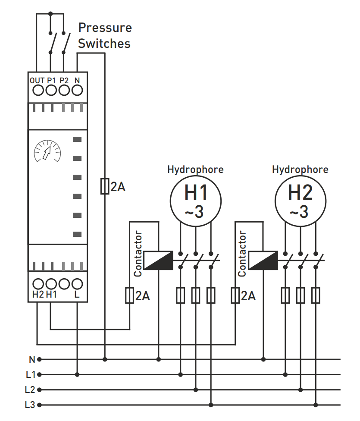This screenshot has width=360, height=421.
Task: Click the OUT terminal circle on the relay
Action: click(x=38, y=90)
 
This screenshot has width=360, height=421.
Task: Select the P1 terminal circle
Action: click(x=51, y=90)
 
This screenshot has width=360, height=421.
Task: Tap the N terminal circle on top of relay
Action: click(x=77, y=90)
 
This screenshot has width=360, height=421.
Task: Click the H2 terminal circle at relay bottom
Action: click(x=38, y=284)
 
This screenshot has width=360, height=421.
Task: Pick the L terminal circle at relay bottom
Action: click(x=77, y=284)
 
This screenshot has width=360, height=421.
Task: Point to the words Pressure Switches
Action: click(x=104, y=35)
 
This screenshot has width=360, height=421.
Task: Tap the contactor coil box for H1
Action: click(x=158, y=260)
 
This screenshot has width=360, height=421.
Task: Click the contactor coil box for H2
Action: click(x=263, y=260)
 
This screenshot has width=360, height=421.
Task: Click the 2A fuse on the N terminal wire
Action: click(x=104, y=186)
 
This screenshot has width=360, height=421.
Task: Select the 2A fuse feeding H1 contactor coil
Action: click(x=129, y=295)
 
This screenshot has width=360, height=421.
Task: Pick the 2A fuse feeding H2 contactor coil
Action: click(x=235, y=295)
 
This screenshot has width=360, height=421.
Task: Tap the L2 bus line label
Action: click(x=30, y=390)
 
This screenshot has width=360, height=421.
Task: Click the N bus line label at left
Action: click(x=31, y=359)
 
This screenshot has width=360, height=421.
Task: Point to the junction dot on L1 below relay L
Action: click(x=77, y=374)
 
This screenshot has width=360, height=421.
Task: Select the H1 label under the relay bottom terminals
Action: click(x=51, y=295)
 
